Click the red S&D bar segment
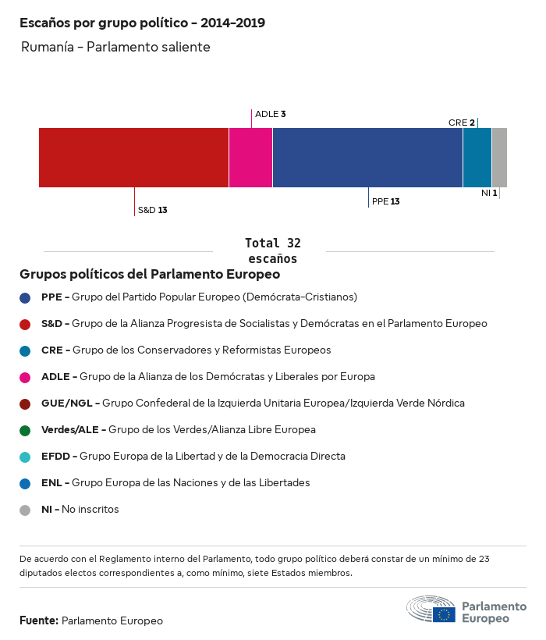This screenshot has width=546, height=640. click(133, 158)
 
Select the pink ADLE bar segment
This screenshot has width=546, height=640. click(250, 158)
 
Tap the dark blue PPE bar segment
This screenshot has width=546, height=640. click(367, 158)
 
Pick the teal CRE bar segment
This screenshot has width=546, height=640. click(477, 158)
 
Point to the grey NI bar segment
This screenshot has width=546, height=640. click(499, 158)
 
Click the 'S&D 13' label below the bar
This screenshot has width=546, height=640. click(153, 210)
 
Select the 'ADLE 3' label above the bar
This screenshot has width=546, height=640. click(271, 114)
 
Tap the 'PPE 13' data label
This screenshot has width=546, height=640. click(386, 201)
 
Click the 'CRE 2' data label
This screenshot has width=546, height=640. click(462, 123)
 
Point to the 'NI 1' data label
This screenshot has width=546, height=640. click(489, 192)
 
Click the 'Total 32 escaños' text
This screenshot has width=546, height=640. click(272, 251)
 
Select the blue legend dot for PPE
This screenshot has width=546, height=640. click(26, 297)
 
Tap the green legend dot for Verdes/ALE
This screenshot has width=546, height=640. click(26, 430)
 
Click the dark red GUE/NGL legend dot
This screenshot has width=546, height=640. click(26, 404)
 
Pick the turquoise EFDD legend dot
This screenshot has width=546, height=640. click(26, 457)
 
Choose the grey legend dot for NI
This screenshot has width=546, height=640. click(26, 510)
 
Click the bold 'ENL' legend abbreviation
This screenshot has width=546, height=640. click(51, 483)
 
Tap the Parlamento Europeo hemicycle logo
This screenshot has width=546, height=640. click(431, 610)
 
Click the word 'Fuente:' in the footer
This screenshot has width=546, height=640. click(39, 621)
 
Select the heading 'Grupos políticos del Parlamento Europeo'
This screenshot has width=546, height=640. click(150, 275)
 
